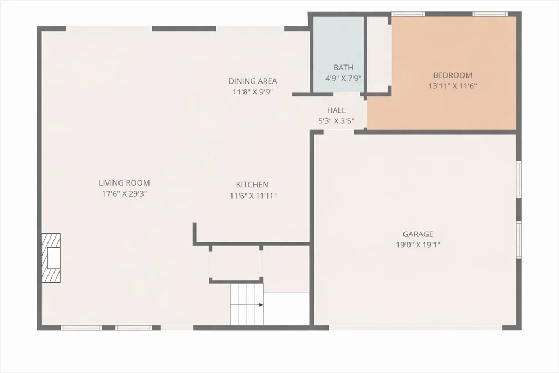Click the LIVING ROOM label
[124, 183]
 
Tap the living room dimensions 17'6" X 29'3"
[124, 193]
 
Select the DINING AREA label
[252, 81]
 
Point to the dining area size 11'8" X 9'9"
[252, 92]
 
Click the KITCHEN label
[252, 185]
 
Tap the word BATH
[343, 68]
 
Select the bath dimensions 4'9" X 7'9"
[343, 78]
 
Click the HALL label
[336, 110]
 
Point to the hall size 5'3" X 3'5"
[336, 121]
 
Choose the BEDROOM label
[453, 75]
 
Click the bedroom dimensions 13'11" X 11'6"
[453, 86]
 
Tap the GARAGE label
[418, 234]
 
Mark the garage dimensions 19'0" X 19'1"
[418, 245]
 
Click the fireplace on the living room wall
[51, 258]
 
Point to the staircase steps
[246, 304]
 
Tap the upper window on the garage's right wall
[519, 179]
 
